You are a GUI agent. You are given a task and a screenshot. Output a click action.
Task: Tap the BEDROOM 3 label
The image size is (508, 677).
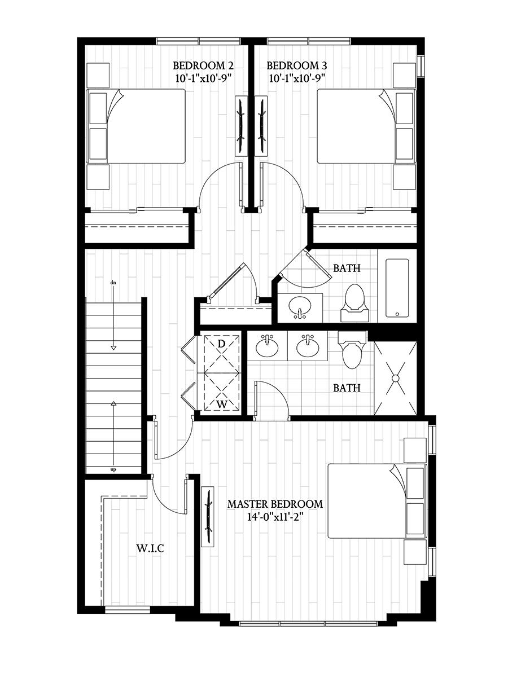tap(296, 64)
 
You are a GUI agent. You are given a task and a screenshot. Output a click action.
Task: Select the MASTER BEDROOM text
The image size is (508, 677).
tap(275, 504)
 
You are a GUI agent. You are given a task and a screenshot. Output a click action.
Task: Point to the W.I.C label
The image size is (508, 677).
tap(149, 548)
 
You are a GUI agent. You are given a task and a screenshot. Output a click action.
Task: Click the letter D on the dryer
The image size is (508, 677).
tap(221, 344)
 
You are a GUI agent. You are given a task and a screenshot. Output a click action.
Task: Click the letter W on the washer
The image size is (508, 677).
tap(221, 404)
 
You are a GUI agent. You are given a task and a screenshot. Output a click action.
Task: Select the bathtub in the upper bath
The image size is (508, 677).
tap(397, 288)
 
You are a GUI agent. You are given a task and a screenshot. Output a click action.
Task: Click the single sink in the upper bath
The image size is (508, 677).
tap(300, 307)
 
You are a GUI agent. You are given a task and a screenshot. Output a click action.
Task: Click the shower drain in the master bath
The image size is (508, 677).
tap(396, 377)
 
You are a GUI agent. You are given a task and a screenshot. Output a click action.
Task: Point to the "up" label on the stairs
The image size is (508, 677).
tap(113, 469)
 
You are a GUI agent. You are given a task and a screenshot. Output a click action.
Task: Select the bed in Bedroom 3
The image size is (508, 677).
tap(361, 126)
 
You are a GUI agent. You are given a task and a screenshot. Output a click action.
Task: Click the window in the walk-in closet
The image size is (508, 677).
tap(128, 609)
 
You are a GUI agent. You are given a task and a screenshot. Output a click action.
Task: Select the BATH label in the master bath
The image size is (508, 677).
tap(346, 388)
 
